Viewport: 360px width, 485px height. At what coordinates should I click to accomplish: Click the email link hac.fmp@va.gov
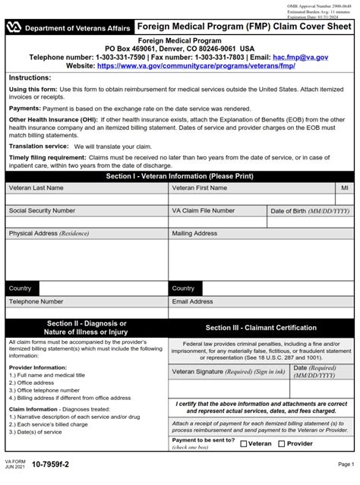pos(302,57)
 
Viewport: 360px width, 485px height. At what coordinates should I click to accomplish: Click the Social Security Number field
pos(87,222)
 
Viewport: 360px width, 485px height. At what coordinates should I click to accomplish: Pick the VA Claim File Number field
pos(217,222)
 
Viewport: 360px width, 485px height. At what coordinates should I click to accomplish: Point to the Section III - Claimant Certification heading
pos(261,328)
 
